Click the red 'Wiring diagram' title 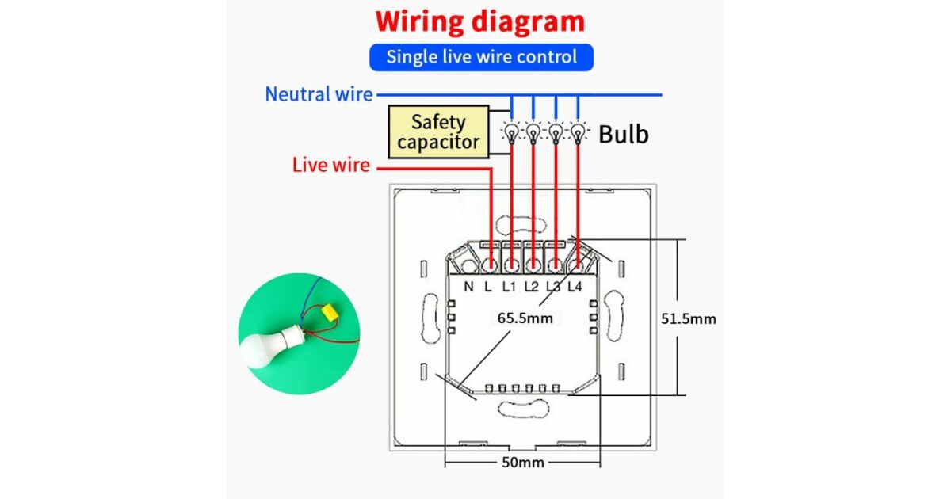(480, 21)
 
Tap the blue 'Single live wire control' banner (481, 57)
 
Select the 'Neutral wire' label (319, 94)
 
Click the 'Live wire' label (331, 166)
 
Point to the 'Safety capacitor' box (438, 132)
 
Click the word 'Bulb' (623, 134)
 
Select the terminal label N (469, 287)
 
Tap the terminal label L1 (509, 287)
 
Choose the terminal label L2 (531, 287)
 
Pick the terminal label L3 (553, 287)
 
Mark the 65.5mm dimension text (524, 318)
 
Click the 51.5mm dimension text (688, 319)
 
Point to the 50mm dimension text (523, 462)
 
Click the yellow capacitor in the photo (326, 313)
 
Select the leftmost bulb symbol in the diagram (512, 131)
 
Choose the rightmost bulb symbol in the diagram (579, 131)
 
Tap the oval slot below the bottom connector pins (522, 409)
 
